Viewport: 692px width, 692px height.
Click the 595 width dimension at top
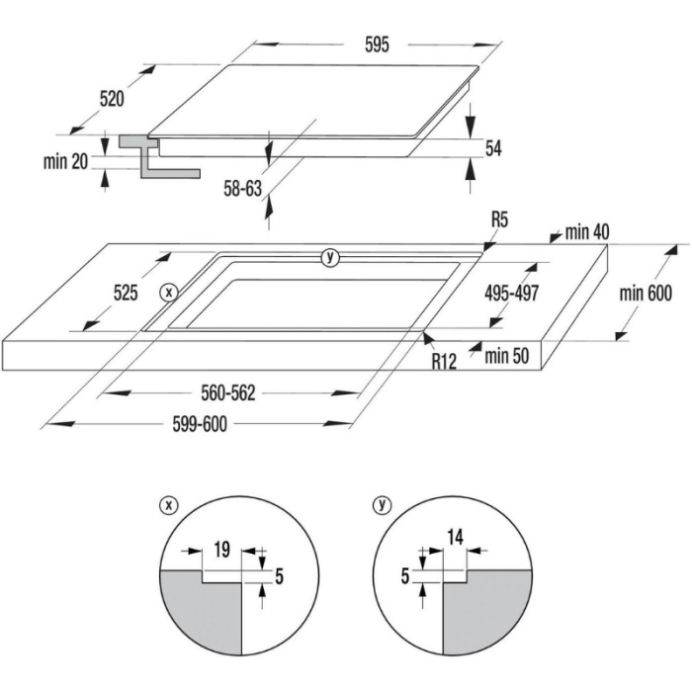(x=377, y=44)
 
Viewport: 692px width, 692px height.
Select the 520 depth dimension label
(x=111, y=98)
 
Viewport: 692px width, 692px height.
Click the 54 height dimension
(x=494, y=148)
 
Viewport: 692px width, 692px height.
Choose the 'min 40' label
(x=587, y=232)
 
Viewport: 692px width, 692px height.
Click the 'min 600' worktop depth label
(x=647, y=293)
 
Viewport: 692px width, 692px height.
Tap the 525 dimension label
(x=125, y=293)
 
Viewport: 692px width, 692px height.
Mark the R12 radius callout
(x=443, y=361)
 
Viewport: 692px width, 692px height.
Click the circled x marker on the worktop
(x=169, y=293)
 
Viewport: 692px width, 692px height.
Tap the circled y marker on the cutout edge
(x=330, y=257)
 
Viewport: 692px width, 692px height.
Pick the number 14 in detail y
(x=455, y=539)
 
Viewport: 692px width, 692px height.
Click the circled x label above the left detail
(x=169, y=504)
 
